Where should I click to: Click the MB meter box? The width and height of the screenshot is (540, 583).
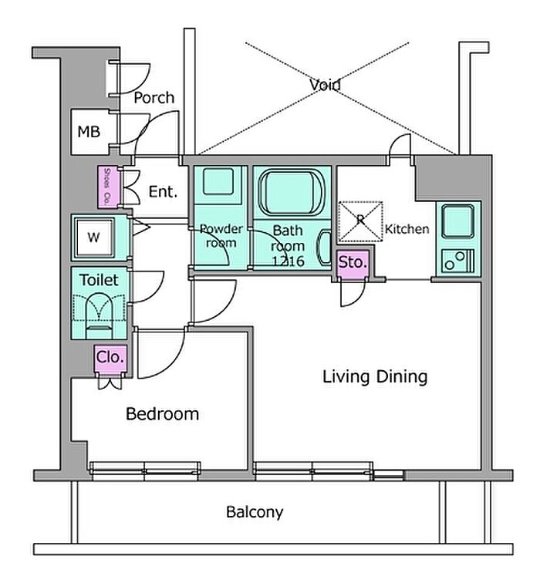point(89,131)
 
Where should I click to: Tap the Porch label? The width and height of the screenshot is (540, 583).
point(154,98)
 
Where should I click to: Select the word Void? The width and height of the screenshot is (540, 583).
point(325,85)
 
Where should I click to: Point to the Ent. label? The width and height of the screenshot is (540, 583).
point(162,192)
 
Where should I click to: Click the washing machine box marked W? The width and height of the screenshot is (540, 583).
point(93,238)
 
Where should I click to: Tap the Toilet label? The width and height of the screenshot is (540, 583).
point(100,279)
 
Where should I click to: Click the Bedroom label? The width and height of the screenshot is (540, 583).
point(162,414)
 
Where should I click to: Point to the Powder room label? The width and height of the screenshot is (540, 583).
point(221,236)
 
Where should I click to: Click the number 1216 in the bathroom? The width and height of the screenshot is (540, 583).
point(289,261)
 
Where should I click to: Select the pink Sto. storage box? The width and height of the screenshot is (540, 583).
point(353,262)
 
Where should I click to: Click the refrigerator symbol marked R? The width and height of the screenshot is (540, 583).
point(359,219)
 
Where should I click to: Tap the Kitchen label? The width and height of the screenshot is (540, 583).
point(407,229)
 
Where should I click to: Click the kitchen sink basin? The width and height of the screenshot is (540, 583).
point(460,222)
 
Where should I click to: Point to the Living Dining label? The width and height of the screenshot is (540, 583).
point(374,377)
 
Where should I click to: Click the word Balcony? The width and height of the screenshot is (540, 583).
point(255,511)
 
